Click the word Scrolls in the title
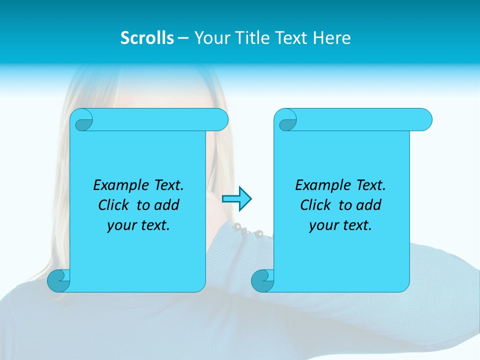(x=147, y=38)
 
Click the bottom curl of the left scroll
(x=58, y=280)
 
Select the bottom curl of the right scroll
(x=262, y=280)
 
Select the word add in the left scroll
(x=167, y=205)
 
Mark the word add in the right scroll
(x=369, y=205)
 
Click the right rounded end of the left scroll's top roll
(x=220, y=119)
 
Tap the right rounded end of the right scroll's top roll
(x=424, y=119)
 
